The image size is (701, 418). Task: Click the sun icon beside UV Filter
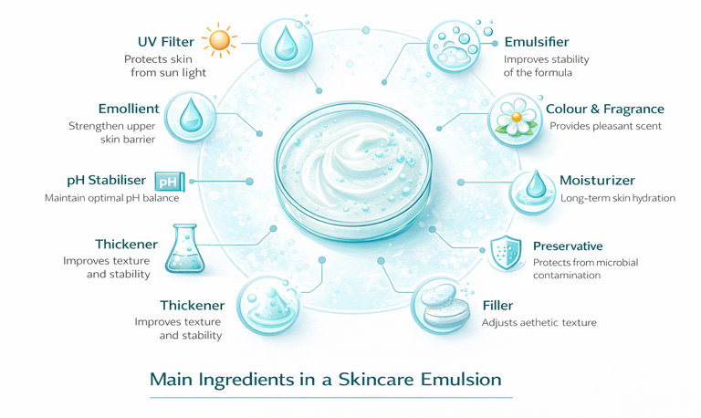click(x=219, y=40)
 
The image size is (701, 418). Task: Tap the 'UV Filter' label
click(x=166, y=42)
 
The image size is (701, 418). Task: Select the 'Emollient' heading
click(x=129, y=109)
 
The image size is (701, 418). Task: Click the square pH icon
click(x=170, y=182)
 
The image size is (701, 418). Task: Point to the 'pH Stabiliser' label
click(x=107, y=180)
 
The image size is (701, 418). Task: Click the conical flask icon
click(x=184, y=248)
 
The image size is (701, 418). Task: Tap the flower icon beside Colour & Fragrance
click(x=516, y=119)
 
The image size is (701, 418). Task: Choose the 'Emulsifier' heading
click(x=537, y=42)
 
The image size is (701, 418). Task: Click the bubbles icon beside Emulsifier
click(x=455, y=46)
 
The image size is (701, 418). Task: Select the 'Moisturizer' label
click(x=597, y=180)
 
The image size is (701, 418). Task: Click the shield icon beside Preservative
click(x=506, y=253)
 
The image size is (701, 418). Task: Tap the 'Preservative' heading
click(x=568, y=246)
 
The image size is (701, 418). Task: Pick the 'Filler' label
click(x=497, y=306)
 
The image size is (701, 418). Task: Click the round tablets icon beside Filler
click(x=441, y=306)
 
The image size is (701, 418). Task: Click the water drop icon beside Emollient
click(x=191, y=117)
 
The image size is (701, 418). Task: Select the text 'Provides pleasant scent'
click(x=605, y=126)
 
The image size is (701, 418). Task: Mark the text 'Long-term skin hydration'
click(x=618, y=198)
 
